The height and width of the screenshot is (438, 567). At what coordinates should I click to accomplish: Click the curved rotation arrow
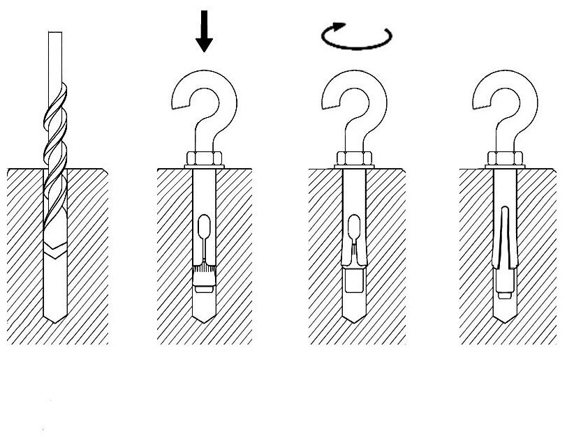click(356, 36)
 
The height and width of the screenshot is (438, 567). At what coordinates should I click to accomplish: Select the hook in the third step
click(353, 105)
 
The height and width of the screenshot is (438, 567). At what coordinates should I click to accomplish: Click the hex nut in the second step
click(203, 159)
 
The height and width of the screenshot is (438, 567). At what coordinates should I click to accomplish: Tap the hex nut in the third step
click(355, 159)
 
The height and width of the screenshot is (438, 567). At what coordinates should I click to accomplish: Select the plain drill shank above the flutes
click(55, 56)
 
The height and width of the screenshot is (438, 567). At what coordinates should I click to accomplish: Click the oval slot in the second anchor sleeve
click(203, 227)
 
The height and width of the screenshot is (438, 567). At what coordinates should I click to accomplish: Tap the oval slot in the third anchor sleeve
click(355, 227)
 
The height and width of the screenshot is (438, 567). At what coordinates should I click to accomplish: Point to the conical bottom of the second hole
click(203, 312)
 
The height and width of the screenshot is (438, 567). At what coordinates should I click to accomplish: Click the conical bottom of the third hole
click(355, 312)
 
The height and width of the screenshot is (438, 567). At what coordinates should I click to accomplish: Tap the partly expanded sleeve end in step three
click(355, 259)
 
